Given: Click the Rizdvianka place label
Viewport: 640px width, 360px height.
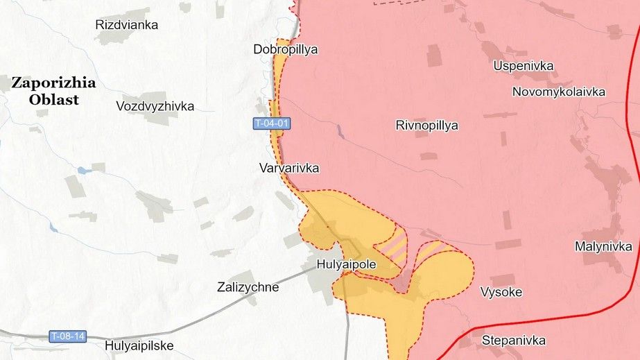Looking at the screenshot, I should click(x=126, y=25).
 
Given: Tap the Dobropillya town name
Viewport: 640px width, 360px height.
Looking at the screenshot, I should click(x=285, y=49).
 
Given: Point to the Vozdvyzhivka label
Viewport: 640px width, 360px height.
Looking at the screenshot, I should click(x=155, y=106).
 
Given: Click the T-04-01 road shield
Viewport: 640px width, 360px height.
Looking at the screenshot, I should click(x=270, y=123).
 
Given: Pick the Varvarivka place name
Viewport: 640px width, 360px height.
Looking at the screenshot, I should click(x=289, y=168).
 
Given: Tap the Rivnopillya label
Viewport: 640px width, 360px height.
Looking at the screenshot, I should click(x=427, y=126).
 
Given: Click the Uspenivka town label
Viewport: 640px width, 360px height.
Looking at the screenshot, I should click(x=524, y=66).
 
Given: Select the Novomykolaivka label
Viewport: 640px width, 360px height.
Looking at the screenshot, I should click(x=559, y=92).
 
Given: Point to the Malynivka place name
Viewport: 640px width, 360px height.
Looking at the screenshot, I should click(x=603, y=246).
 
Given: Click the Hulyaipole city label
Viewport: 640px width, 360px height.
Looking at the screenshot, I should click(x=345, y=264).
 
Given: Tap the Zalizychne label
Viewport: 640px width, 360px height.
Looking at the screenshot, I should click(x=248, y=287).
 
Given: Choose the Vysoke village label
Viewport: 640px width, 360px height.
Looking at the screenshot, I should click(x=501, y=292).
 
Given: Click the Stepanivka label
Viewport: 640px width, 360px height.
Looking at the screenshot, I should click(x=513, y=341).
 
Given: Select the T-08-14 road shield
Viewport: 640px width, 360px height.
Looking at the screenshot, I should click(x=68, y=336).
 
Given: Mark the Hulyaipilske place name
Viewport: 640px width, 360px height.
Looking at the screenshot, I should click(x=139, y=345).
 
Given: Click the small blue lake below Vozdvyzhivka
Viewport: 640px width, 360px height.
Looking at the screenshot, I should click(x=83, y=170).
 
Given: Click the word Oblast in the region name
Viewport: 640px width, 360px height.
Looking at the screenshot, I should click(x=54, y=99).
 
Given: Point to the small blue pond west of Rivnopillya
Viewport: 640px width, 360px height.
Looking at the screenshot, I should click(x=340, y=130).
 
